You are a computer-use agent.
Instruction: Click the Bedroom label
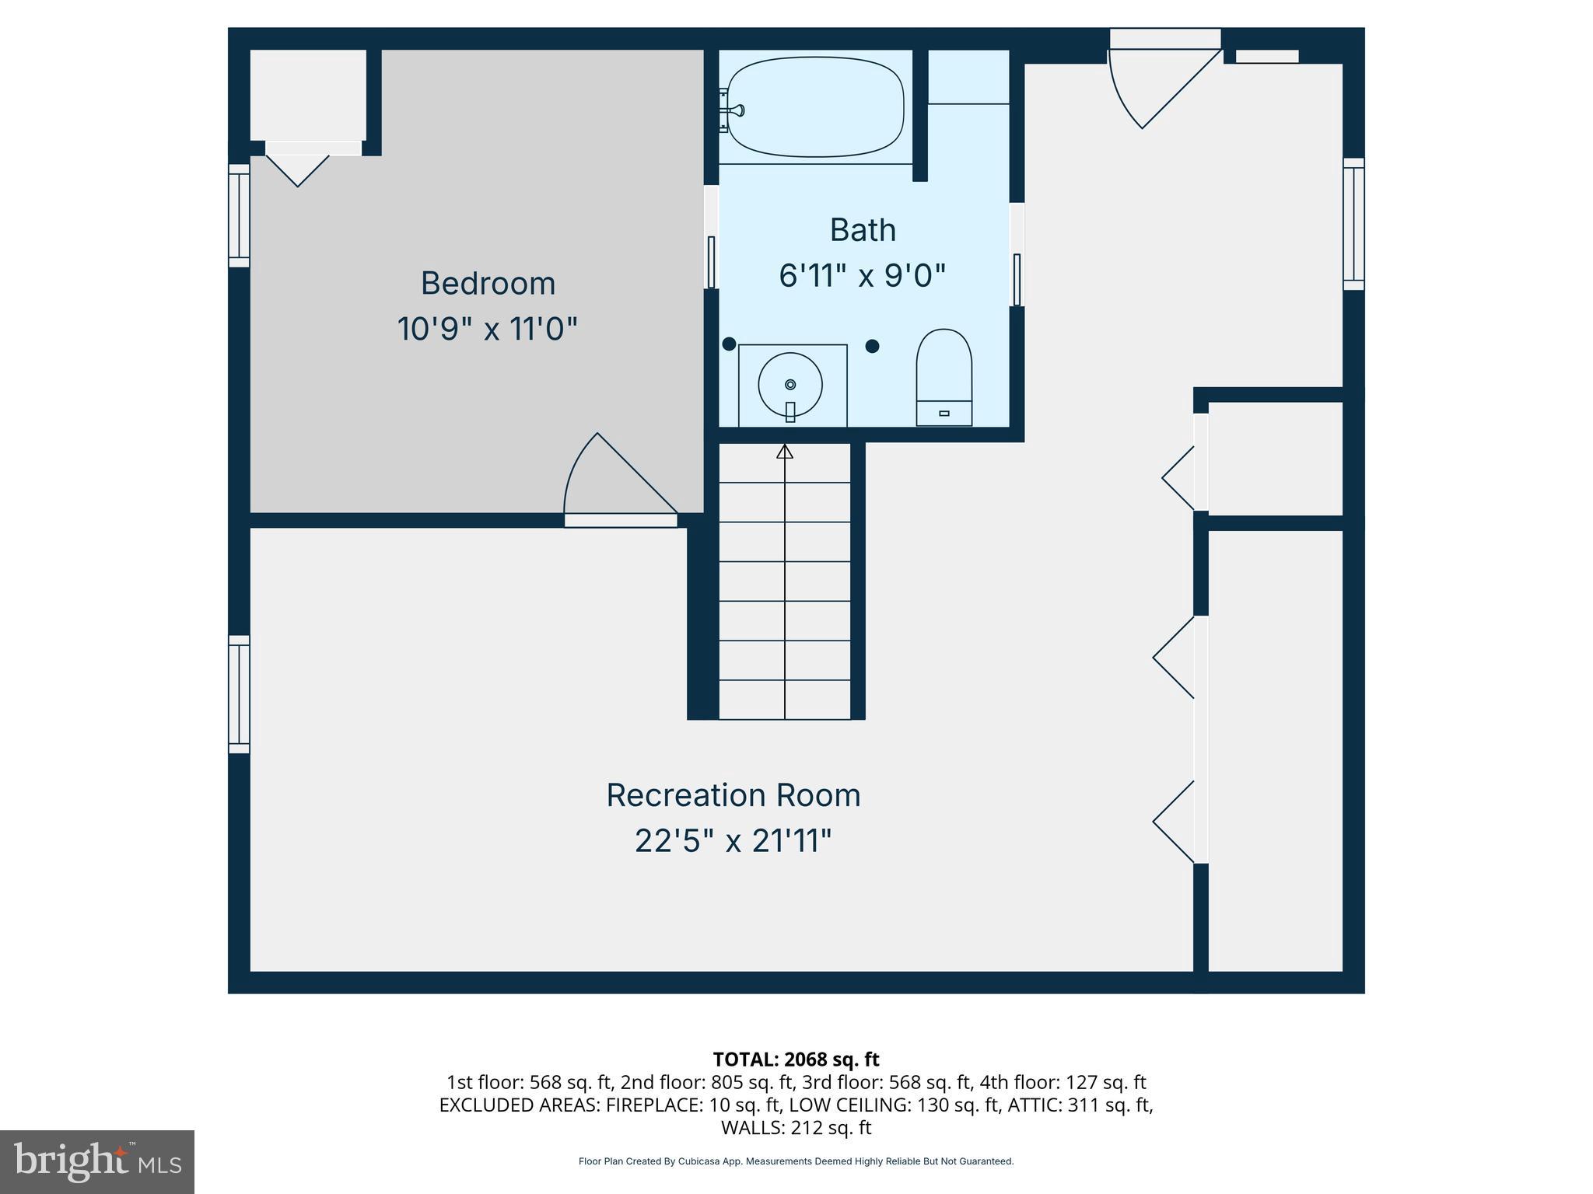(488, 284)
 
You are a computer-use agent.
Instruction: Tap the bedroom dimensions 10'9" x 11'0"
(487, 329)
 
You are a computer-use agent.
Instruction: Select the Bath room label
(863, 230)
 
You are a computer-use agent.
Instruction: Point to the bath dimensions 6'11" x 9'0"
(863, 275)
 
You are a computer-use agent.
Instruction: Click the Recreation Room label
(733, 795)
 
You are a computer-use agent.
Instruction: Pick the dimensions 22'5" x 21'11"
(733, 841)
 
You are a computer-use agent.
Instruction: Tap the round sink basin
(790, 384)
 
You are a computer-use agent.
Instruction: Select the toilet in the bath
(944, 377)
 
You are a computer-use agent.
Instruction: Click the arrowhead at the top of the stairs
(785, 452)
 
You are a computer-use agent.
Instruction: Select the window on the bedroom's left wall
(239, 215)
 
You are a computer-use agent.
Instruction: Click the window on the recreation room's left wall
(239, 694)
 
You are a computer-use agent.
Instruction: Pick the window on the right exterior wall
(1353, 224)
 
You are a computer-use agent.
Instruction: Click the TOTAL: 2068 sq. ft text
(795, 1059)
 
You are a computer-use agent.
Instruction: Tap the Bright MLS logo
(97, 1161)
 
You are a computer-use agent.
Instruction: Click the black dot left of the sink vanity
(729, 344)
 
